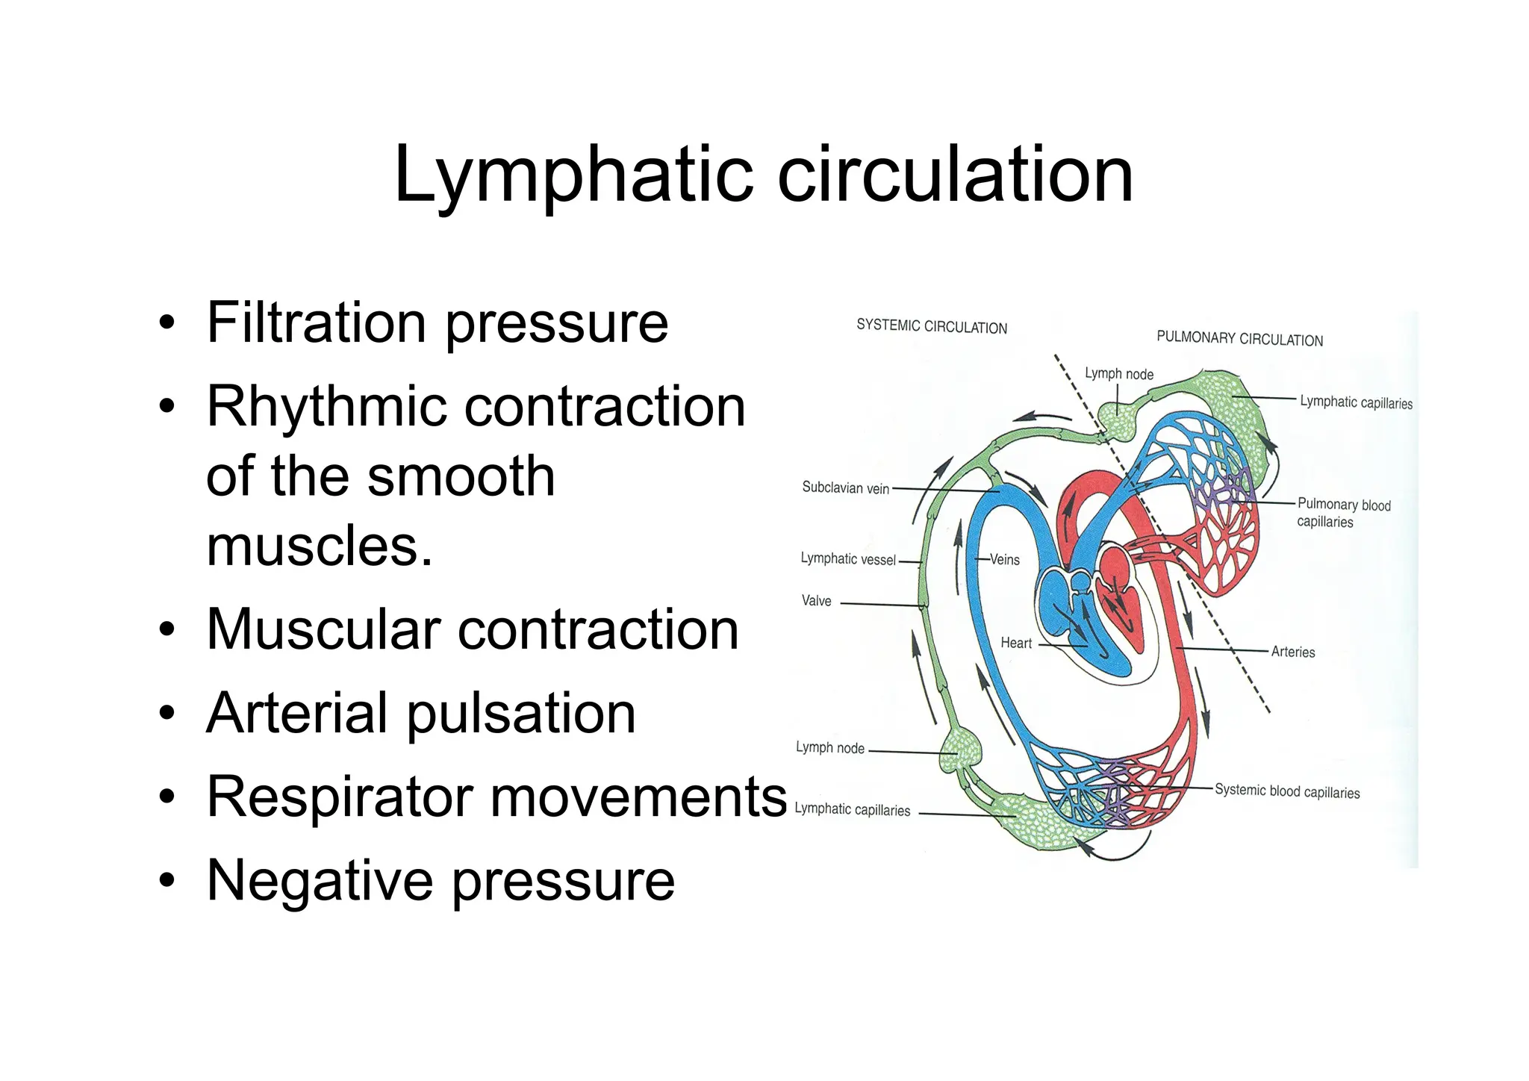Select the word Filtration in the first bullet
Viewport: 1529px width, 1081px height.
pyautogui.click(x=317, y=323)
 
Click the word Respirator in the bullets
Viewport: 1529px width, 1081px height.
pyautogui.click(x=340, y=797)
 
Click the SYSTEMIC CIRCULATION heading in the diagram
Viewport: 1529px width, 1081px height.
pyautogui.click(x=931, y=326)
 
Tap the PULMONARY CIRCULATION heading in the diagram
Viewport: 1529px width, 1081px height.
pyautogui.click(x=1239, y=339)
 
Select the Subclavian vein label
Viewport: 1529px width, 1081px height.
pyautogui.click(x=845, y=487)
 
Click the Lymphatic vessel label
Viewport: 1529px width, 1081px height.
pyautogui.click(x=847, y=558)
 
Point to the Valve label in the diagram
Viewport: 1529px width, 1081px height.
pyautogui.click(x=816, y=601)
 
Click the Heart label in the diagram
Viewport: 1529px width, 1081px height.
pyautogui.click(x=1015, y=643)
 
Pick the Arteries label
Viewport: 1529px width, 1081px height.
pyautogui.click(x=1292, y=652)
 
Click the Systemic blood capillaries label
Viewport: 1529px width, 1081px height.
pyautogui.click(x=1286, y=791)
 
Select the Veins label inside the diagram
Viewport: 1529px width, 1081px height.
pyautogui.click(x=1004, y=559)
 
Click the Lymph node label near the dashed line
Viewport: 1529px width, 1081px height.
pyautogui.click(x=1118, y=374)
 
